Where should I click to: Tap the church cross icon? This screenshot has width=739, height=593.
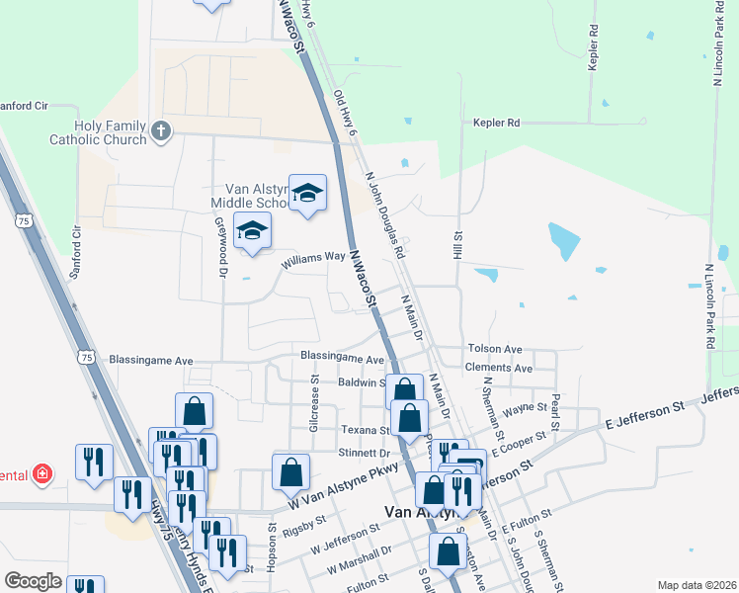point(161,129)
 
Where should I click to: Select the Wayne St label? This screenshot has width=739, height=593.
point(525,406)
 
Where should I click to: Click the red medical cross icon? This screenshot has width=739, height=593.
point(42,475)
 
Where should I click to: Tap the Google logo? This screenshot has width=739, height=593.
point(33,581)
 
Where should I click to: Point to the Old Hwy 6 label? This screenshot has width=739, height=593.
point(345,112)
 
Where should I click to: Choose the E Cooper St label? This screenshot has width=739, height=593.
point(536,444)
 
